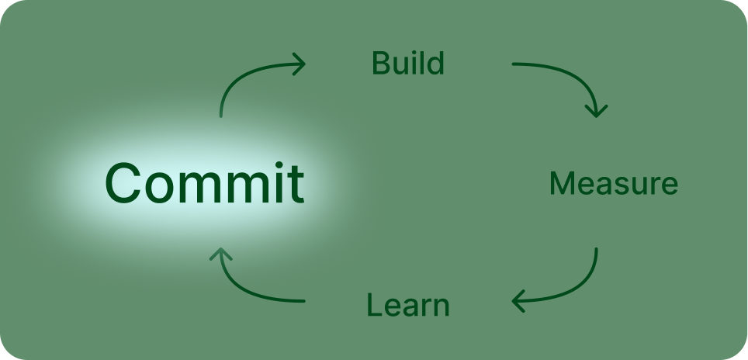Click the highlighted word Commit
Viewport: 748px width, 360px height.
pos(204,184)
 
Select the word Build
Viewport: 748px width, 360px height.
pos(408,64)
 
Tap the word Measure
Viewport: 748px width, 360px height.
pos(613,184)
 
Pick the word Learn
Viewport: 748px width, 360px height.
pos(408,305)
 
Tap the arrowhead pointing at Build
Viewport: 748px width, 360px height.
pos(300,64)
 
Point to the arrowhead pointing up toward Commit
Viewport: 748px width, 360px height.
pos(221,254)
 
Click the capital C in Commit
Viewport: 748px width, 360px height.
pos(125,184)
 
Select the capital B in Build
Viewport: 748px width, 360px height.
pos(380,64)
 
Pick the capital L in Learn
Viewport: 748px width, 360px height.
pos(373,305)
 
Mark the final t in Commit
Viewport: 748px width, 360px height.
pos(295,185)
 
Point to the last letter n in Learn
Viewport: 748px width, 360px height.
pos(442,307)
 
